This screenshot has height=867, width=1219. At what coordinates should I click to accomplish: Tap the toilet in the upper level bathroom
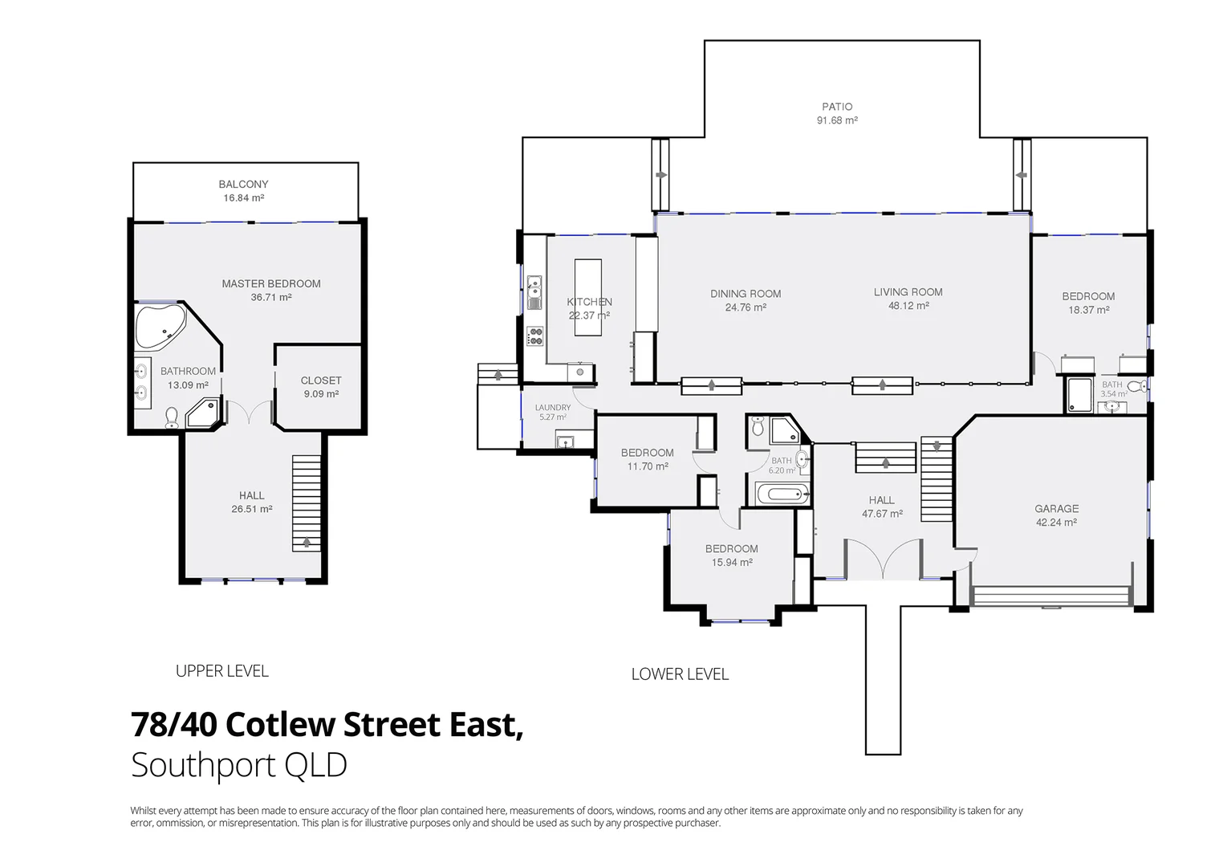[x=171, y=417]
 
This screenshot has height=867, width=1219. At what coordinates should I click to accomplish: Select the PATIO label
[x=837, y=106]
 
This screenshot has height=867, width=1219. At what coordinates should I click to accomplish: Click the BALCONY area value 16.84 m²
[x=243, y=197]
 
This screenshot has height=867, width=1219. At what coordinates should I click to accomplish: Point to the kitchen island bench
[x=588, y=280]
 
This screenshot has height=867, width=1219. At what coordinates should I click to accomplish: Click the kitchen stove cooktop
[x=534, y=336]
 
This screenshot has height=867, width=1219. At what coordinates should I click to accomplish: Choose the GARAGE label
[x=1056, y=508]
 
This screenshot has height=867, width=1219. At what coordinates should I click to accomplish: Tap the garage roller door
[x=1051, y=596]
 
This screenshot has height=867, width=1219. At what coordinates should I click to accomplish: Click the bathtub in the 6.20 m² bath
[x=782, y=492]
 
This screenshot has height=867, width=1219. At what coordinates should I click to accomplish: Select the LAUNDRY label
[x=552, y=407]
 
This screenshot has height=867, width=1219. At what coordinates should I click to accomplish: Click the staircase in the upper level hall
[x=306, y=503]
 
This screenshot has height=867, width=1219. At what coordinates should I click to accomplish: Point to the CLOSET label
[x=321, y=381]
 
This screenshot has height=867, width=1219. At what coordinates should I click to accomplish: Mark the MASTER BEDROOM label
[x=271, y=283]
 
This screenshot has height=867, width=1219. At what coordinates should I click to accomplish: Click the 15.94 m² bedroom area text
[x=732, y=563]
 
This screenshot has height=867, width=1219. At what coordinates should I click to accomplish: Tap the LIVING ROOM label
[x=908, y=292]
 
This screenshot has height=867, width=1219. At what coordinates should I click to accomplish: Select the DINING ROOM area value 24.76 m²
[x=746, y=307]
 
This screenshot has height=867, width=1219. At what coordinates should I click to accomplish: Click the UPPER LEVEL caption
[x=222, y=671]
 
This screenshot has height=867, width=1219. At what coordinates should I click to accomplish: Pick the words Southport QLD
[x=239, y=765]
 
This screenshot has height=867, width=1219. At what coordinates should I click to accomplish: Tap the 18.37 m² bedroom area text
[x=1088, y=310]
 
